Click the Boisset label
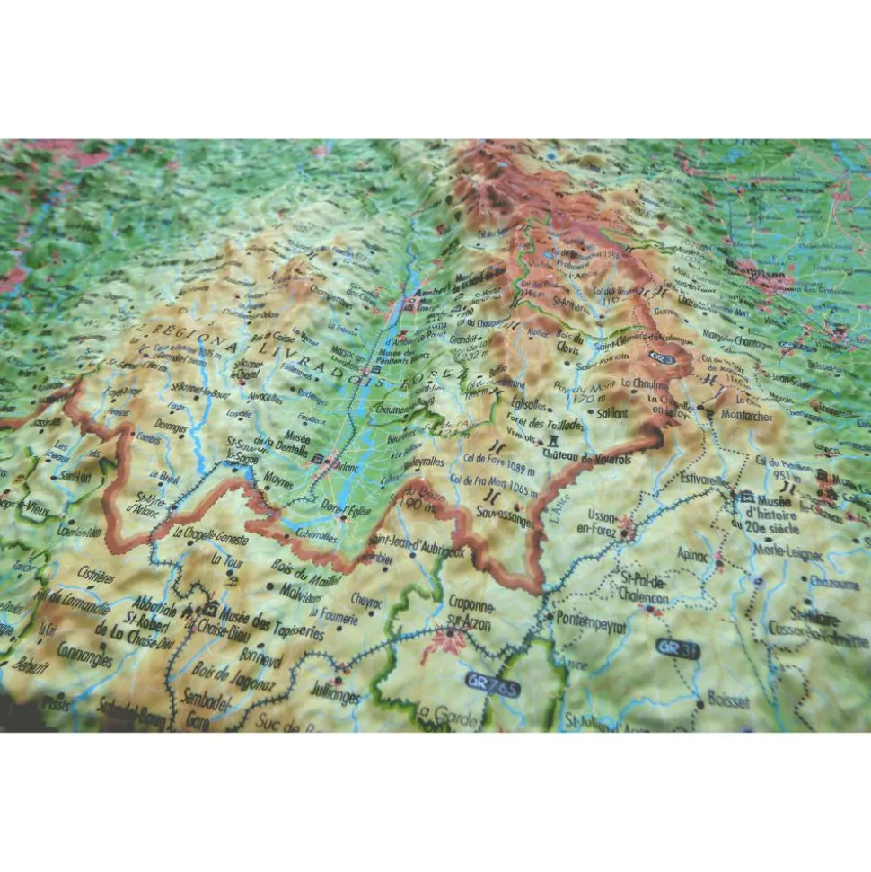(x=728, y=699)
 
